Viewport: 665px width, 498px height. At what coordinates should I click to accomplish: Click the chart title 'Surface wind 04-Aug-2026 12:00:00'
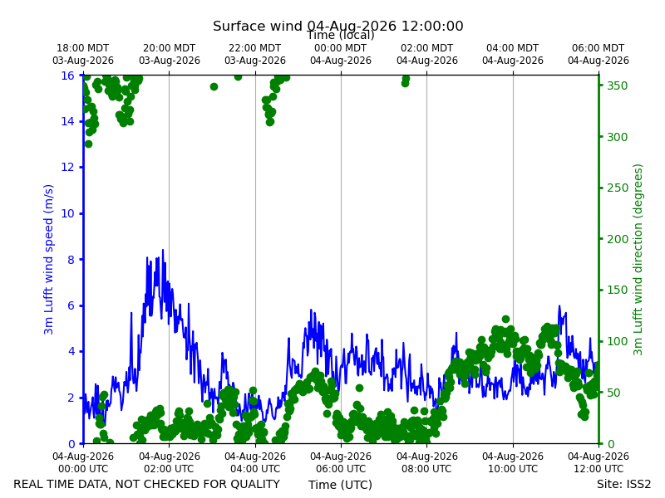(x=338, y=26)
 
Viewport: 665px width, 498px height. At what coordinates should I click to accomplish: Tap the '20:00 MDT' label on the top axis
(x=170, y=48)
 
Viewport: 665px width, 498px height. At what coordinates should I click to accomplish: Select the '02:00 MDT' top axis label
(x=427, y=48)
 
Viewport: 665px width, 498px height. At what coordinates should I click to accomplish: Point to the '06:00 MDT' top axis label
(x=598, y=48)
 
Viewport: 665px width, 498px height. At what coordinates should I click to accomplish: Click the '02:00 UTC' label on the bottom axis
(x=170, y=469)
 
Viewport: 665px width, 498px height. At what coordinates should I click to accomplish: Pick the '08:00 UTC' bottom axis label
(x=427, y=469)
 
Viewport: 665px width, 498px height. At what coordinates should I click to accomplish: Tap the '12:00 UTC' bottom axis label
(x=598, y=469)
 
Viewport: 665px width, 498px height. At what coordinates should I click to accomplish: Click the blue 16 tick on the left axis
(x=68, y=76)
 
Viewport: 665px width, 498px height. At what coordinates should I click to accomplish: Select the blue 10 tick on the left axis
(x=68, y=213)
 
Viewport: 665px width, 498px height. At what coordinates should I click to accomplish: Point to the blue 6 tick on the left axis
(x=71, y=305)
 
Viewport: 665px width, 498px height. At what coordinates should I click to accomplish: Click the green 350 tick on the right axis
(x=617, y=85)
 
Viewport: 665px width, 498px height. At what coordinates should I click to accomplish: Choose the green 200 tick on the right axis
(x=617, y=239)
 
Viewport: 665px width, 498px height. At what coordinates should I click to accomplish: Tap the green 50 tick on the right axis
(x=613, y=393)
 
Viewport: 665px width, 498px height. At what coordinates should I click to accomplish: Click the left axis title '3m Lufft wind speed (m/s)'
(x=49, y=259)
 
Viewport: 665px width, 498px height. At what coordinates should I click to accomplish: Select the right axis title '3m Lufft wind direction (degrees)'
(x=638, y=260)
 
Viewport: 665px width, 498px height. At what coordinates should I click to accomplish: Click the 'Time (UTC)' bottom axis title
(x=340, y=485)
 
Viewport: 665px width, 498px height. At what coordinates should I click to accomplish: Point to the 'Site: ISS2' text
(x=623, y=484)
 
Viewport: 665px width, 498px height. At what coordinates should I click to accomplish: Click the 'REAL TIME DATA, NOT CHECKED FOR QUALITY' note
(x=147, y=484)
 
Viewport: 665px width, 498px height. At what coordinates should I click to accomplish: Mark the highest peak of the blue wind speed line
(x=163, y=250)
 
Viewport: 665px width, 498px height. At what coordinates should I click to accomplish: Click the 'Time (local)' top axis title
(x=341, y=35)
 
